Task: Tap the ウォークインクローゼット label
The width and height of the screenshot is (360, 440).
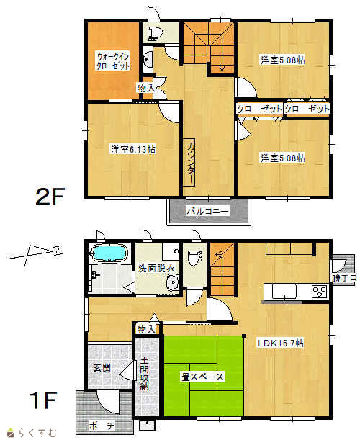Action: (x=113, y=61)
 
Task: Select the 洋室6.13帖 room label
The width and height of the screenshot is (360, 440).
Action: (x=133, y=149)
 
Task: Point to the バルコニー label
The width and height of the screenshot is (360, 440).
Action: (x=208, y=211)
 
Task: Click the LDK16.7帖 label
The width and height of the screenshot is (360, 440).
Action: (x=281, y=343)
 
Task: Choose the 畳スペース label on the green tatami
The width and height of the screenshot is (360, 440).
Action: (x=202, y=377)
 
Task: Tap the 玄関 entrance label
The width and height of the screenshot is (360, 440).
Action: (x=102, y=367)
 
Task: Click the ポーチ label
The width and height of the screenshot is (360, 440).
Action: (x=102, y=426)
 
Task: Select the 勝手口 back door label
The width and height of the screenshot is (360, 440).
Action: (x=344, y=278)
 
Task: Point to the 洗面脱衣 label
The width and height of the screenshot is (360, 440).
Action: (x=156, y=268)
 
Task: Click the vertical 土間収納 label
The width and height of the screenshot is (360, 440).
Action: (x=144, y=373)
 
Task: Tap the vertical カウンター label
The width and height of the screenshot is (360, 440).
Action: (x=191, y=163)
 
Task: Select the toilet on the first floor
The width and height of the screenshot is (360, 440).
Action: (x=194, y=258)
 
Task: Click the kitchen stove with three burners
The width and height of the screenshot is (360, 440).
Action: (x=319, y=291)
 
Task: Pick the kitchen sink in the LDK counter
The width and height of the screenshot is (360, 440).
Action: (x=284, y=292)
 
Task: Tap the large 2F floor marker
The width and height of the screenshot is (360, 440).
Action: (x=50, y=196)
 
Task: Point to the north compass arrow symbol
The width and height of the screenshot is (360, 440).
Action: (x=35, y=253)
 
